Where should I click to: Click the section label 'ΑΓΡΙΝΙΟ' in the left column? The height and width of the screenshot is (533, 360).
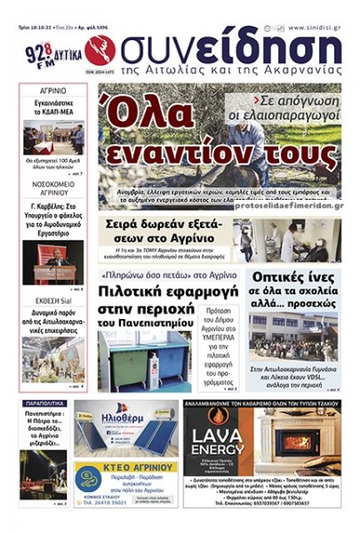(53, 91)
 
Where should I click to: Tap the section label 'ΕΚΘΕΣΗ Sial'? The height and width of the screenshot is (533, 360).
(53, 300)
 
